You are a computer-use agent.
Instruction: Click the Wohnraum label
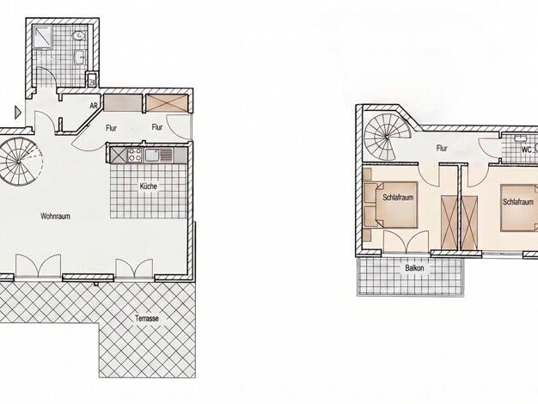[55, 217]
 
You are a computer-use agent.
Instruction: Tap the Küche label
[148, 187]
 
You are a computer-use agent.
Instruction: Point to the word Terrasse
[147, 318]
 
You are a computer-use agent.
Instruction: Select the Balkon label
[414, 267]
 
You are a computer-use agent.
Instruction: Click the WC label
[526, 150]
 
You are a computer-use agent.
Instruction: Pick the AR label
[94, 106]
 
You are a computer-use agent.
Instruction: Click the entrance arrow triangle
[18, 113]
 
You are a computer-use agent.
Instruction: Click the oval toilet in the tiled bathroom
[79, 35]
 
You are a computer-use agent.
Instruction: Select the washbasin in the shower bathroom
[81, 57]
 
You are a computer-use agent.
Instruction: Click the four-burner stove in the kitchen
[134, 155]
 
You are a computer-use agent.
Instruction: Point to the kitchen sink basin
[151, 155]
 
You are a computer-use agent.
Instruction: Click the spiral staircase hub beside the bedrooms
[387, 137]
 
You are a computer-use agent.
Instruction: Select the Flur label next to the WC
[442, 149]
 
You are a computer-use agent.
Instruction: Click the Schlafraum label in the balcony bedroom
[398, 198]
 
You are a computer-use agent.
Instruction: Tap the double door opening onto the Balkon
[407, 242]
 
